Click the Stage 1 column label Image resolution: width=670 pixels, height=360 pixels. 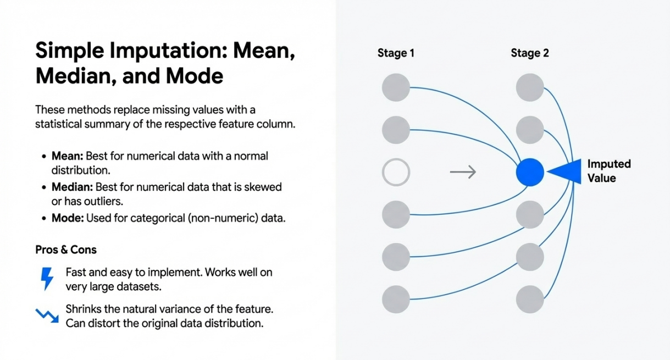click(396, 53)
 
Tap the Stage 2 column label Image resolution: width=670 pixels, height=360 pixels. click(530, 53)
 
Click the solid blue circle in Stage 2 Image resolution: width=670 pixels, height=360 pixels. click(530, 172)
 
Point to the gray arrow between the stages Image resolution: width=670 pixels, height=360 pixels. click(463, 172)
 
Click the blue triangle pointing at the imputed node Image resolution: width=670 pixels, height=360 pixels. click(564, 171)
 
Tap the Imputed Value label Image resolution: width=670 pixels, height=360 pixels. click(609, 171)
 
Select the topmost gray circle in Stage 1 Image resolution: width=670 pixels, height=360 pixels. click(396, 87)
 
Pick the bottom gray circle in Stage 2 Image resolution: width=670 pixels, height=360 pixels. click(530, 300)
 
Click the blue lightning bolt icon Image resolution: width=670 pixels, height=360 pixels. click(47, 279)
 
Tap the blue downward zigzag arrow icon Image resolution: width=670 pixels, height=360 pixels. click(47, 315)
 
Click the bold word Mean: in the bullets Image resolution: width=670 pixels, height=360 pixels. click(67, 156)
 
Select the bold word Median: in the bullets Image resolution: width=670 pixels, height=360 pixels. click(72, 187)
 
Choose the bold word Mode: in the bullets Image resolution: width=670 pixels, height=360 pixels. click(68, 218)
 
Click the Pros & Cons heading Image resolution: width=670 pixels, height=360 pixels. click(66, 250)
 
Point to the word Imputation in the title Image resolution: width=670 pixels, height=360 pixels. click(168, 51)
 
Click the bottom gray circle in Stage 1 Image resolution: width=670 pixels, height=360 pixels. click(396, 300)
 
